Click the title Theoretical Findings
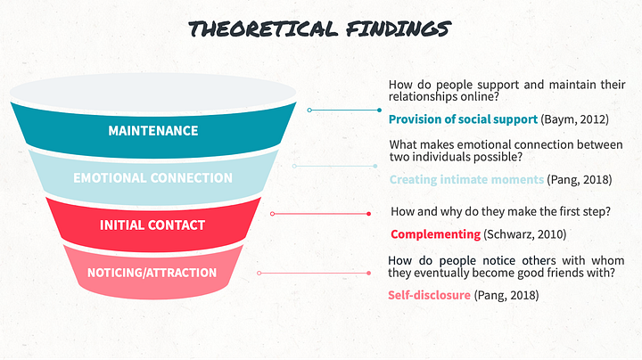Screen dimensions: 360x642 tap(320, 29)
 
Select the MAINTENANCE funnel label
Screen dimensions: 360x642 tap(152, 130)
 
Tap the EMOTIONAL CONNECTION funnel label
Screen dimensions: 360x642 tap(152, 177)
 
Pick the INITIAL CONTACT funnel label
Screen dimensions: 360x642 tap(152, 225)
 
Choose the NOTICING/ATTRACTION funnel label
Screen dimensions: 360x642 tap(152, 272)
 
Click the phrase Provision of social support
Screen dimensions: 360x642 tap(463, 119)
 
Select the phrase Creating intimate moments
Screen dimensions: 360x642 tap(466, 179)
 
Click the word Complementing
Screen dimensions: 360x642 tap(435, 234)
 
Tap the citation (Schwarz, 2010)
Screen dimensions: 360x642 tap(524, 234)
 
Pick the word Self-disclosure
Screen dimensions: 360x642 tap(429, 294)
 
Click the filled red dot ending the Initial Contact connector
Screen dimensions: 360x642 tap(368, 214)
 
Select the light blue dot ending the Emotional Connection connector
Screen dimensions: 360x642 tap(375, 166)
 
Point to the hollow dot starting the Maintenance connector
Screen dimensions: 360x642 tap(309, 110)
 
